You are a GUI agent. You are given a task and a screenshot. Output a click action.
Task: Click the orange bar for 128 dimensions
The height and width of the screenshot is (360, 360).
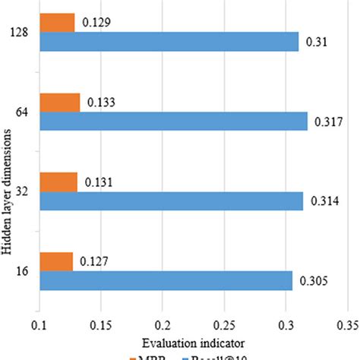[57, 23]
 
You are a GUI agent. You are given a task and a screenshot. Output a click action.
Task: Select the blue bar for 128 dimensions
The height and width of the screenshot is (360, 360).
[169, 42]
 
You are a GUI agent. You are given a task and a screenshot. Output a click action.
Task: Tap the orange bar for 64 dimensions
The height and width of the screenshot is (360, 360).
[59, 102]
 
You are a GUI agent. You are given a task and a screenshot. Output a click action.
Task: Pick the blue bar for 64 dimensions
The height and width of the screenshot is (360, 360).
[173, 122]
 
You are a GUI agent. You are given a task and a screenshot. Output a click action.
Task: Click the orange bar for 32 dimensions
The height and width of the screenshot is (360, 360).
[58, 182]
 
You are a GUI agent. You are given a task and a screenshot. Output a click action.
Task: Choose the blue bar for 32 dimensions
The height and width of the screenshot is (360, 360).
[171, 201]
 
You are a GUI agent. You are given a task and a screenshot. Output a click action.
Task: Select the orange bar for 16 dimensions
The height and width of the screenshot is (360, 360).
[56, 261]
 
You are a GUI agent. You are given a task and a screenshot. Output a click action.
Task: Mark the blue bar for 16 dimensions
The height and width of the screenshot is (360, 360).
[166, 280]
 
